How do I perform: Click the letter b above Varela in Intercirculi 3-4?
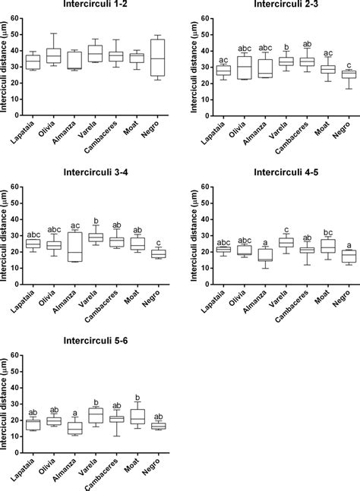click(96, 222)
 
